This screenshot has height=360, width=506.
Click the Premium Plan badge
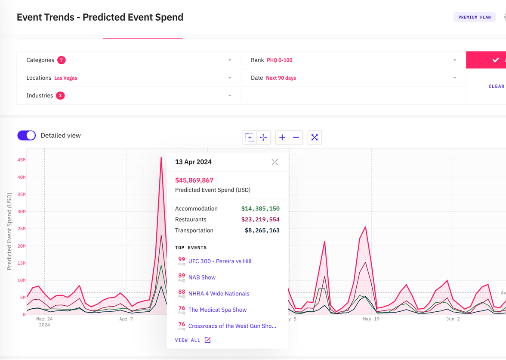(474, 17)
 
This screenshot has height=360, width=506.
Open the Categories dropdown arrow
(230, 60)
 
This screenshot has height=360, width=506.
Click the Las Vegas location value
(66, 78)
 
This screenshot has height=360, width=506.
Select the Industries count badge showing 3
(60, 96)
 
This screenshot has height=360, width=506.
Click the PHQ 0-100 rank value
(279, 60)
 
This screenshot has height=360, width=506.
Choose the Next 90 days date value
(281, 78)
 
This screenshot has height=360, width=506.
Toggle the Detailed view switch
(27, 135)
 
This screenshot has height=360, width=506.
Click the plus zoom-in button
(282, 137)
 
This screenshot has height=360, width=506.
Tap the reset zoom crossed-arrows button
(315, 137)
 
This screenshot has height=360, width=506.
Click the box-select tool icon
(250, 137)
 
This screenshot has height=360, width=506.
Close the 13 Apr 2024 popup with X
(275, 162)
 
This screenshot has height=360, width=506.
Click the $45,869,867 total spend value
(194, 180)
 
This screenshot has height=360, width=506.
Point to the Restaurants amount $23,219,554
(260, 220)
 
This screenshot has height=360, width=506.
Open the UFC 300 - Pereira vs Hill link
(220, 261)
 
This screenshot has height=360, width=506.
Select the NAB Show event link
(202, 278)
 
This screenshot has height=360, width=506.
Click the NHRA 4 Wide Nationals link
(219, 294)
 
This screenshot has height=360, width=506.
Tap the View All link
(192, 340)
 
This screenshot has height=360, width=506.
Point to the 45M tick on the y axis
(21, 160)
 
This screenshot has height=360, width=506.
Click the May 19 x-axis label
(371, 319)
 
